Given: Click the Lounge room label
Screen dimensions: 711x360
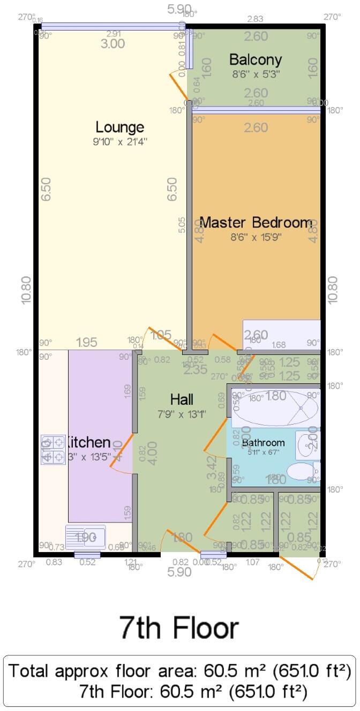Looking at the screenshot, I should tap(119, 127).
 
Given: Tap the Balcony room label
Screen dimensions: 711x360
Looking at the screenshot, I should tap(255, 59).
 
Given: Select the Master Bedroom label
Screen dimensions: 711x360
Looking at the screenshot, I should tap(256, 222).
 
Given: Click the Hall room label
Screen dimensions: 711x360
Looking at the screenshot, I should tap(182, 399).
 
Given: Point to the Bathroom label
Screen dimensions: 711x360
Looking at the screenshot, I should tap(263, 443).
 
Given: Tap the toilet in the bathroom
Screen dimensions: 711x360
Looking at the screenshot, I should tap(301, 472).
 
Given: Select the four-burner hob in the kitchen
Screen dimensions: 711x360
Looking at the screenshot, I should tap(52, 449).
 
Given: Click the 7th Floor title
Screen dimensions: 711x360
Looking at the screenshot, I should tap(179, 627).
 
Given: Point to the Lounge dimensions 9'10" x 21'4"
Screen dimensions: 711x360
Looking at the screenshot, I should tap(119, 142).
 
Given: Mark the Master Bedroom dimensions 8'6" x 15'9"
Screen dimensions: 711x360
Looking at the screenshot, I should tap(256, 237).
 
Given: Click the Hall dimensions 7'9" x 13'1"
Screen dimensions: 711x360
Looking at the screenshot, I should tap(182, 413).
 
